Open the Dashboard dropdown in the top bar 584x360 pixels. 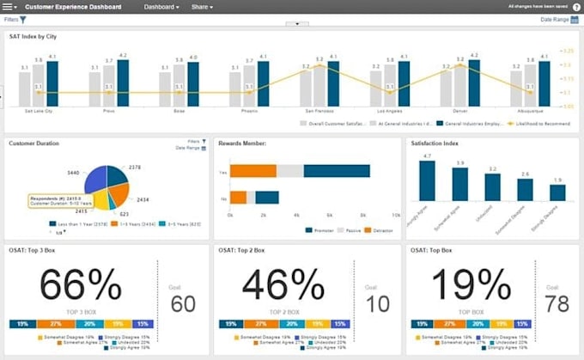point(161,6)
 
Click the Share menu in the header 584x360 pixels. point(202,6)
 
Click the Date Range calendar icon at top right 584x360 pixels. point(575,19)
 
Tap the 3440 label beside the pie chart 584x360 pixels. point(73,172)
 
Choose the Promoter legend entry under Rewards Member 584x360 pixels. point(322,229)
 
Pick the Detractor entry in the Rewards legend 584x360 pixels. point(379,229)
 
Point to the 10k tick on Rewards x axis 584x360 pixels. point(395,214)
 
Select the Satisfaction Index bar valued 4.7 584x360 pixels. point(426,180)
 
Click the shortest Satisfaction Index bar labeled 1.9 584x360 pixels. point(558,193)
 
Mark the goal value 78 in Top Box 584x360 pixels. point(558,303)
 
